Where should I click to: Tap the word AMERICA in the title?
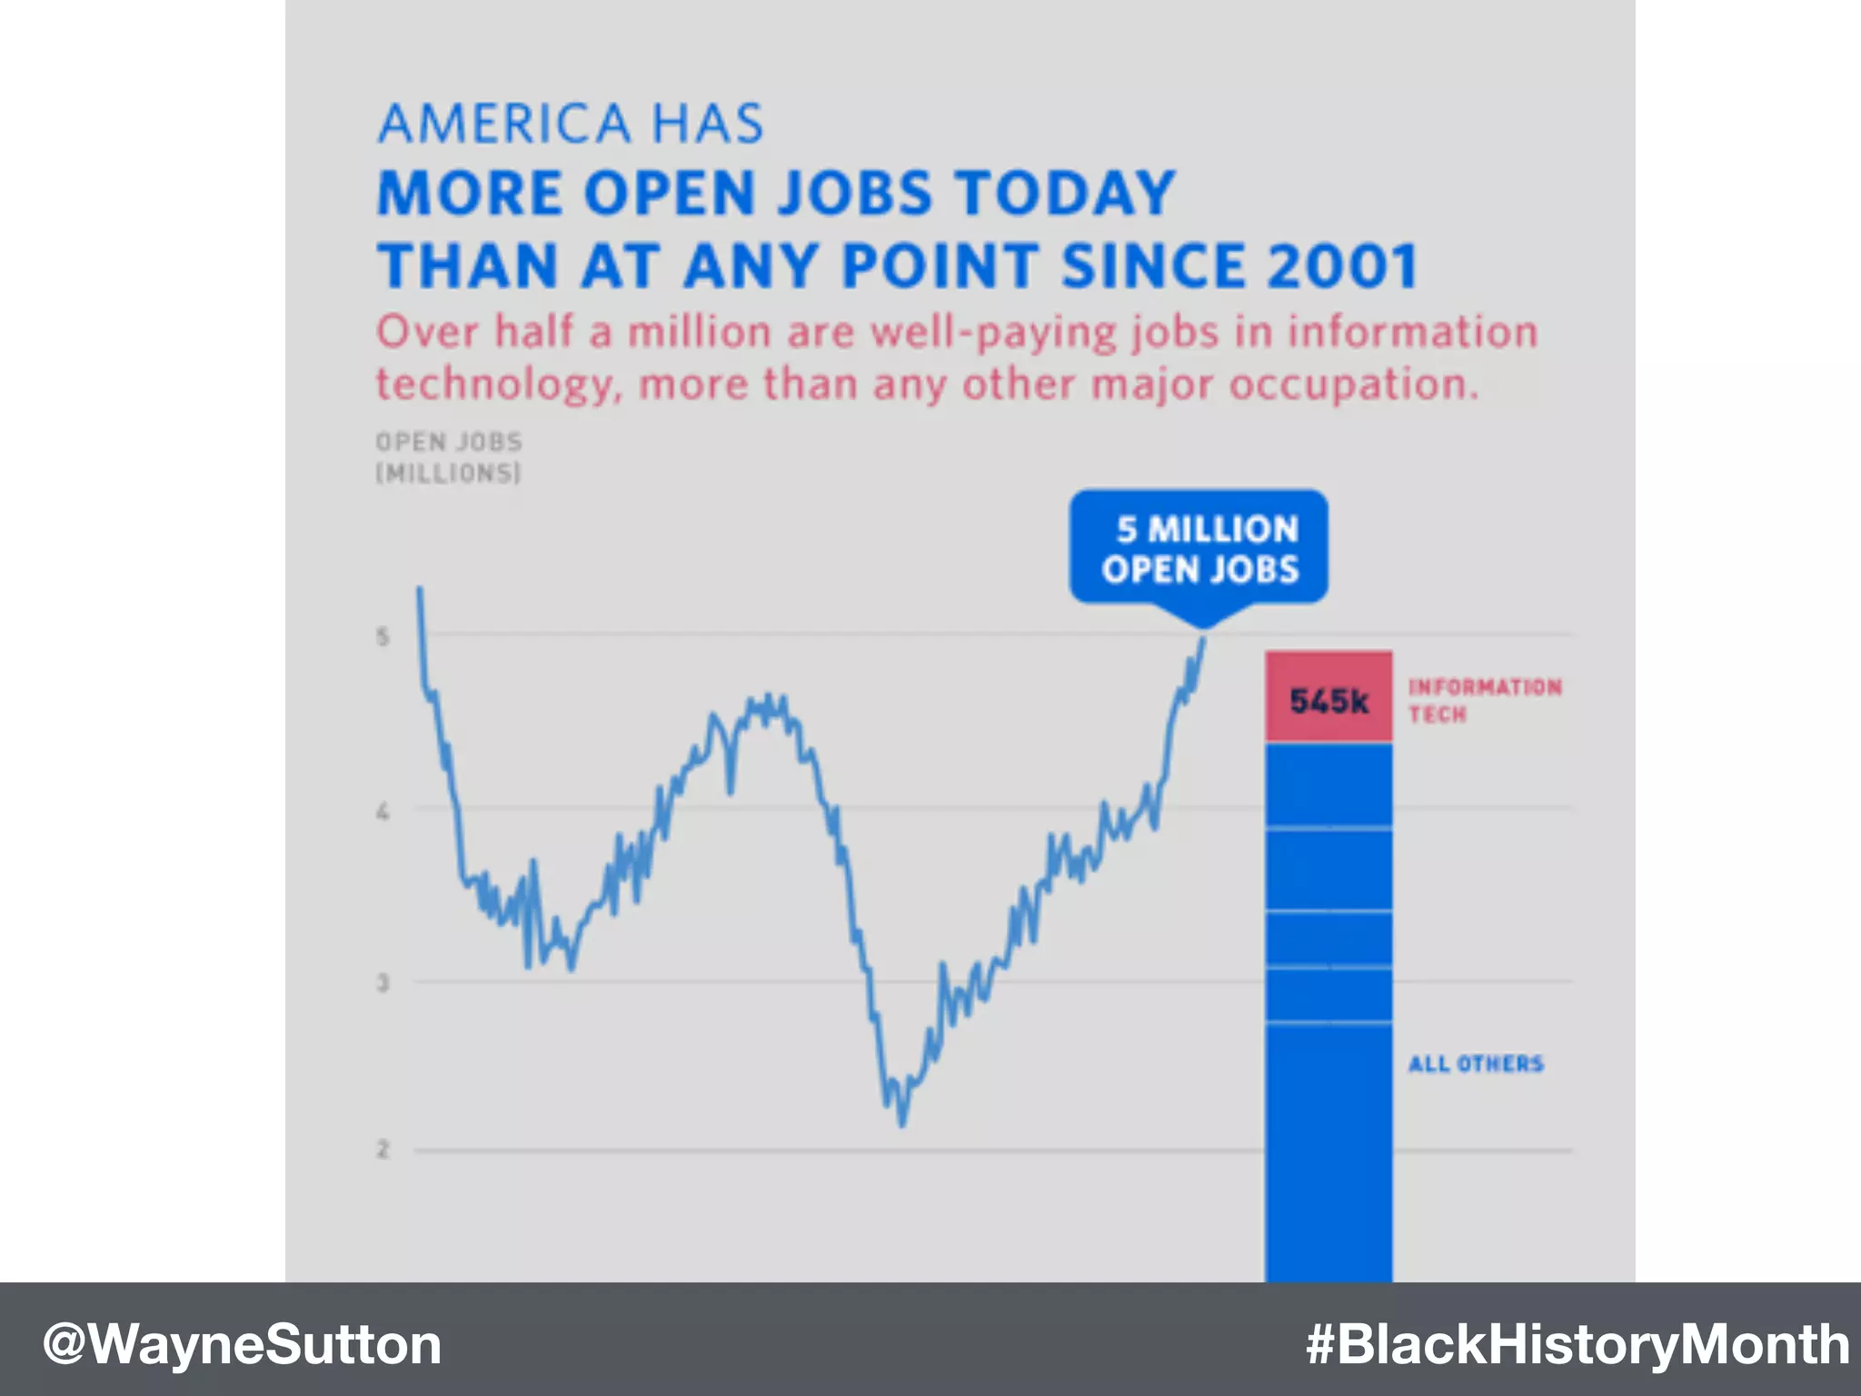tap(504, 125)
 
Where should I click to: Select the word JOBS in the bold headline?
tap(854, 194)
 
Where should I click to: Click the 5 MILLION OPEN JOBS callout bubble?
tap(1199, 548)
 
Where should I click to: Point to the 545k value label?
tap(1329, 702)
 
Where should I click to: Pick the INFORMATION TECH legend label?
tap(1484, 700)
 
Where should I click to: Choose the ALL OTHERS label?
tap(1476, 1063)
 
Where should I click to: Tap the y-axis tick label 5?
tap(383, 636)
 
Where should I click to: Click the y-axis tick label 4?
tap(383, 811)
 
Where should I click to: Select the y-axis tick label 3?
tap(383, 982)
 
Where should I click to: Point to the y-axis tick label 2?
tap(383, 1150)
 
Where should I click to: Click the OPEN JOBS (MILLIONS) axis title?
tap(449, 457)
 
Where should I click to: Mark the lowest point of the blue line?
tap(902, 1125)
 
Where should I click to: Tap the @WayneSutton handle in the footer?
tap(242, 1344)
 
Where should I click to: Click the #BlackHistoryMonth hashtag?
tap(1577, 1344)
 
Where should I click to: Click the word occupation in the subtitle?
tap(1352, 384)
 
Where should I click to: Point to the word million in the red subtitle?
tap(699, 332)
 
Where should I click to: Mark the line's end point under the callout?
tap(1204, 639)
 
